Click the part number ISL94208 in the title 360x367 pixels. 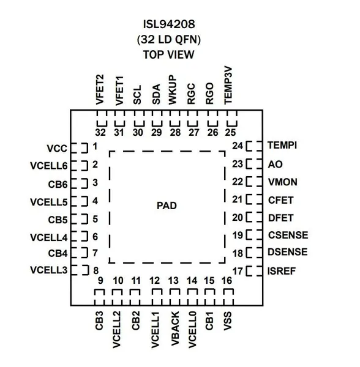(x=169, y=24)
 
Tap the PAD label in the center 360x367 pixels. (x=167, y=206)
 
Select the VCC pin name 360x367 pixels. (x=57, y=149)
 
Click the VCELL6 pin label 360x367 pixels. (x=49, y=166)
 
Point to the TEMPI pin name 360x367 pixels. (x=282, y=145)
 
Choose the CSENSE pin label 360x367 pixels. (x=288, y=235)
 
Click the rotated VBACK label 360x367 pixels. (x=175, y=328)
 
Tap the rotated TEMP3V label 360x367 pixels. (x=228, y=86)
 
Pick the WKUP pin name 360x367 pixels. (x=172, y=90)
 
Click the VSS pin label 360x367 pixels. (x=228, y=321)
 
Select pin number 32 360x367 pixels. (x=100, y=133)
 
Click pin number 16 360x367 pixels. (x=227, y=281)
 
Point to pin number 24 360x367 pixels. (x=238, y=146)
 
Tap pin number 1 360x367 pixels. (x=95, y=147)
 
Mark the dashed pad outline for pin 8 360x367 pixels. (x=80, y=270)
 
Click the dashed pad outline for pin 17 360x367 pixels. (x=254, y=271)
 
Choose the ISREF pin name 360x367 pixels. (x=282, y=271)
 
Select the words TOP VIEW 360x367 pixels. (x=168, y=54)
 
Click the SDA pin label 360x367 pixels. (x=156, y=94)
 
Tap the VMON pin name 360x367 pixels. (x=283, y=182)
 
